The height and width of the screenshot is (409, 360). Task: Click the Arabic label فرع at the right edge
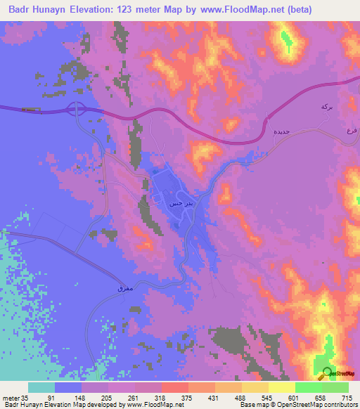pos(354,131)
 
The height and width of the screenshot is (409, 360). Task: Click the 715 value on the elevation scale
pos(346,398)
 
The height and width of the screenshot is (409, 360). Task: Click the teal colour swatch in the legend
pos(41,387)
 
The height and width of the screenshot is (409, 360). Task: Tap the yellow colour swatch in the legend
pos(281,387)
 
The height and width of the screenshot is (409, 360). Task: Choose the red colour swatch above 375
pos(174,387)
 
